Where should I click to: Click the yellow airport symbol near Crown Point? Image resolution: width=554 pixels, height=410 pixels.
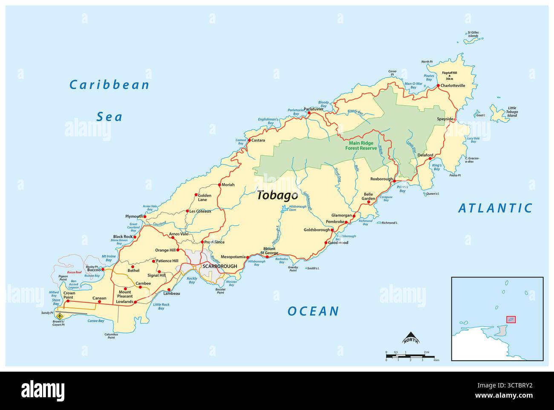pyautogui.click(x=61, y=316)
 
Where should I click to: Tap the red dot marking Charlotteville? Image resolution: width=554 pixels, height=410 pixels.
pyautogui.click(x=438, y=86)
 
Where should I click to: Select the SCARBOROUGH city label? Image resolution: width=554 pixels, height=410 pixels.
pyautogui.click(x=219, y=266)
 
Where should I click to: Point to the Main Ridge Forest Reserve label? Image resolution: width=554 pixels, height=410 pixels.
pyautogui.click(x=361, y=146)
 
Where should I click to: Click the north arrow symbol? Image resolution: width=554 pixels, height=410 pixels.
pyautogui.click(x=411, y=338)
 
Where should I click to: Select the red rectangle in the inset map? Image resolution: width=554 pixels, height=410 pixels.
pyautogui.click(x=511, y=319)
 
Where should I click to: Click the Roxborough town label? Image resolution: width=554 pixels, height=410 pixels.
pyautogui.click(x=381, y=179)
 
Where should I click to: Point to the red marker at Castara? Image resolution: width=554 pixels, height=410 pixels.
pyautogui.click(x=248, y=140)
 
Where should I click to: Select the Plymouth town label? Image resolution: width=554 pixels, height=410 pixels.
pyautogui.click(x=134, y=217)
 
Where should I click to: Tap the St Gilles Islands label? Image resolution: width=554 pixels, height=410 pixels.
pyautogui.click(x=473, y=34)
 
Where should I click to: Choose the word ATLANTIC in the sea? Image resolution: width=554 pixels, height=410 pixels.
pyautogui.click(x=495, y=208)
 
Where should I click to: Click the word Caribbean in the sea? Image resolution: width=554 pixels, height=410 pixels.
pyautogui.click(x=110, y=85)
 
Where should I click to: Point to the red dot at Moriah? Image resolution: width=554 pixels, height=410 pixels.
pyautogui.click(x=219, y=185)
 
